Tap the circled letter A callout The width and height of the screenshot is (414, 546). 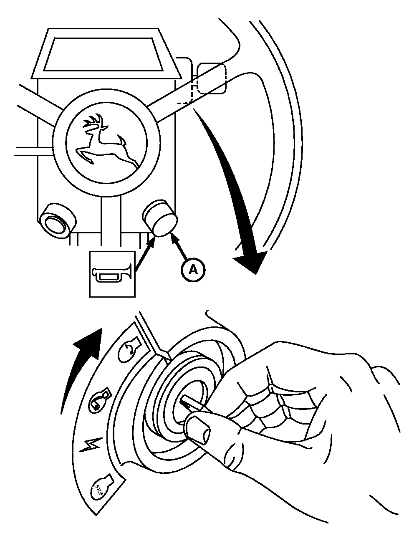click(193, 270)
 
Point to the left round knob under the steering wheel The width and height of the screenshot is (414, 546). click(57, 220)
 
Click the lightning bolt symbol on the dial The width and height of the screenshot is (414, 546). click(92, 445)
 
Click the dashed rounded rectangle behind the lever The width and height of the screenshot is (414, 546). click(211, 78)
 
